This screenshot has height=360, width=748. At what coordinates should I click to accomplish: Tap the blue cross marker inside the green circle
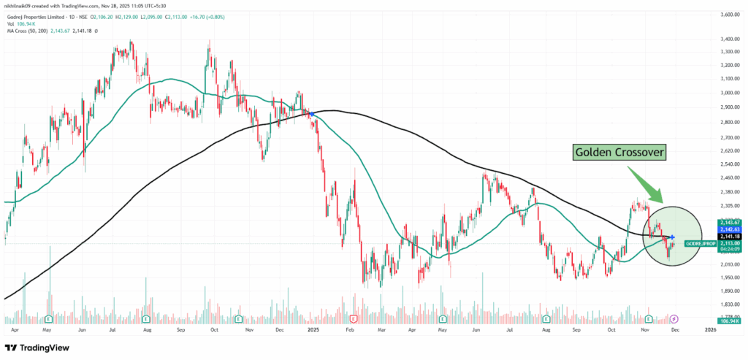click(671, 237)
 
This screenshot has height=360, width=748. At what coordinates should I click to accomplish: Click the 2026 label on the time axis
click(709, 330)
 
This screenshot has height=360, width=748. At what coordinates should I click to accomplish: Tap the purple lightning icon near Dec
click(673, 319)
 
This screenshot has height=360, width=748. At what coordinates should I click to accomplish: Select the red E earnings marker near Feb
click(354, 319)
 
